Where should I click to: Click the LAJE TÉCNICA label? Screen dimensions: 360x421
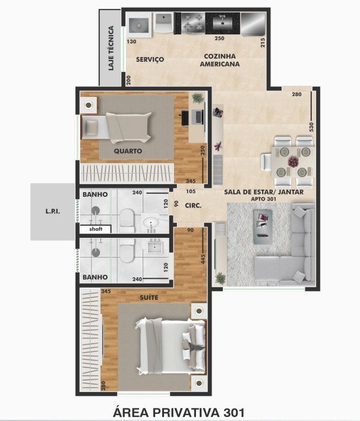(x=110, y=48)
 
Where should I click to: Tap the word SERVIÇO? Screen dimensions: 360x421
(x=150, y=59)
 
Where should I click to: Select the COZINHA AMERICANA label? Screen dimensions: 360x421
(x=220, y=60)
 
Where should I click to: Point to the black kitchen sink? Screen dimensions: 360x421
(x=222, y=23)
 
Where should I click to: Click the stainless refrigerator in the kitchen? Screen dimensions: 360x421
(x=253, y=24)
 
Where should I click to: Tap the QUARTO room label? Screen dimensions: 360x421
(x=128, y=151)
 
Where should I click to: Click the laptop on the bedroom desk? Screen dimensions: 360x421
(x=198, y=117)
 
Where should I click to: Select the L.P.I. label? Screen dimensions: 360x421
(x=53, y=211)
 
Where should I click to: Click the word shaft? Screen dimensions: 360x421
(x=96, y=229)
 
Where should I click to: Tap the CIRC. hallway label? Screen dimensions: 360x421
(x=193, y=206)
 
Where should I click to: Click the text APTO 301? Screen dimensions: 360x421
(x=263, y=199)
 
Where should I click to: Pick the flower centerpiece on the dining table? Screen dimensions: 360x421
(x=293, y=161)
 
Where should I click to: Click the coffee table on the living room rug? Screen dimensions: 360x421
(x=263, y=227)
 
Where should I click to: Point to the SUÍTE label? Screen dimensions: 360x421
(x=149, y=297)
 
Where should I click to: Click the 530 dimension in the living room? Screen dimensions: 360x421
(x=311, y=127)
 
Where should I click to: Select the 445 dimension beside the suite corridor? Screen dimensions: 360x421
(x=203, y=259)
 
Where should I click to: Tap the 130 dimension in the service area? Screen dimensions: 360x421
(x=131, y=42)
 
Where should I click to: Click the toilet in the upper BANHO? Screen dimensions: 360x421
(x=127, y=220)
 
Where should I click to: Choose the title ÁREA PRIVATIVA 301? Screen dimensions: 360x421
(x=179, y=413)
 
